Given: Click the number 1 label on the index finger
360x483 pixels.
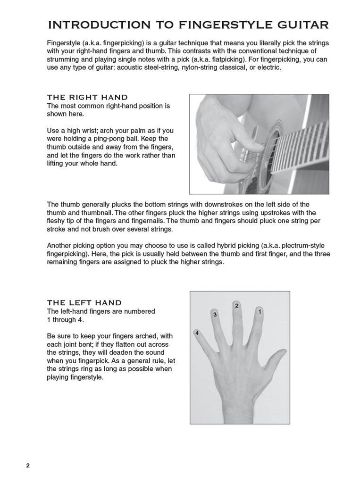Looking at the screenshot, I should pos(260,312).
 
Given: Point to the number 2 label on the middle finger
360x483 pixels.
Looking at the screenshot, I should pos(237,306).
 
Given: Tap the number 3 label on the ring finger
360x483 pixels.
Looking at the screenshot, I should pos(215,315).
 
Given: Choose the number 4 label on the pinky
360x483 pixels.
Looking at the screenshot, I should pos(197,333).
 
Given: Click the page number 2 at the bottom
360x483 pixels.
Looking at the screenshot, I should pos(28,466).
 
